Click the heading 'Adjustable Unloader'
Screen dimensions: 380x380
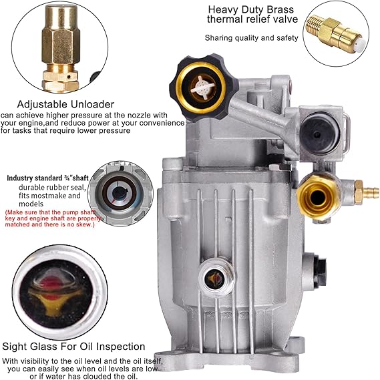point(65,104)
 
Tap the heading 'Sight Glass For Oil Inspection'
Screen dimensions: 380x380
point(73,347)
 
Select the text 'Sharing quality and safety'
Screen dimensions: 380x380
point(251,38)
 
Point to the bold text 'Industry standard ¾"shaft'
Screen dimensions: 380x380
point(47,178)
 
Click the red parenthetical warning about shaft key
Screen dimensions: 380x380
point(53,218)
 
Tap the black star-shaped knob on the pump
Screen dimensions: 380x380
point(204,87)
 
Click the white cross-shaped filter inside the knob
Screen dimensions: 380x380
point(203,87)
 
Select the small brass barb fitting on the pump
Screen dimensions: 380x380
point(367,192)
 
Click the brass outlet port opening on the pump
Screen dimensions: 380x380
point(318,198)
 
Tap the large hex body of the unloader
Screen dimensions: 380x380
point(61,45)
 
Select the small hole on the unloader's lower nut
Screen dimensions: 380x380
point(69,77)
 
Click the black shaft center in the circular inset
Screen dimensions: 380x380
point(120,192)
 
